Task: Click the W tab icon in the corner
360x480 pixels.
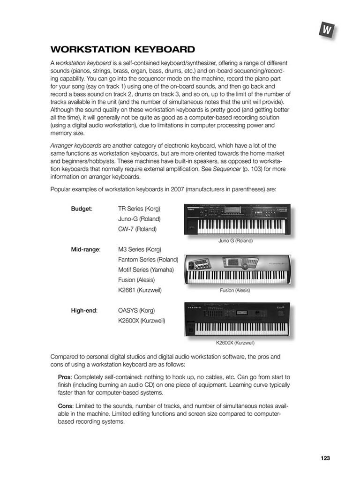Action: [x=327, y=30]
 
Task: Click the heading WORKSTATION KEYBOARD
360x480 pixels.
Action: [x=123, y=49]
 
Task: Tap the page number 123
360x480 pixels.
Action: [x=325, y=458]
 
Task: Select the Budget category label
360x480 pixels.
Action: [x=81, y=209]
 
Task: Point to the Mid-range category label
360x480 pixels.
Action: [x=85, y=249]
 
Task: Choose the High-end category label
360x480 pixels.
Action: [x=84, y=310]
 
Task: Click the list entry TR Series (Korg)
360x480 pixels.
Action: [x=139, y=209]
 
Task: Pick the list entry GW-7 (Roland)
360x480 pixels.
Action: [x=137, y=229]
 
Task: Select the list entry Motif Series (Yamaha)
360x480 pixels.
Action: [x=146, y=270]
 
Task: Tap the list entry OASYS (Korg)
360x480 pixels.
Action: [x=136, y=310]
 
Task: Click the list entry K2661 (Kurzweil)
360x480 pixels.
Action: [x=140, y=290]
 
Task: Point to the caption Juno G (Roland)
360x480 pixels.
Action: [x=235, y=240]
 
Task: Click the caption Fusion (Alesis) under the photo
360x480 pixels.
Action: [x=235, y=290]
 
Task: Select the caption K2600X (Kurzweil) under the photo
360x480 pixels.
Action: [x=235, y=343]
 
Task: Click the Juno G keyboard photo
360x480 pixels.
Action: [x=237, y=219]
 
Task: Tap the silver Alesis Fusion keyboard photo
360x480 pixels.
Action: [x=237, y=270]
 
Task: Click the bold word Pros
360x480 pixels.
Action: [x=64, y=377]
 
